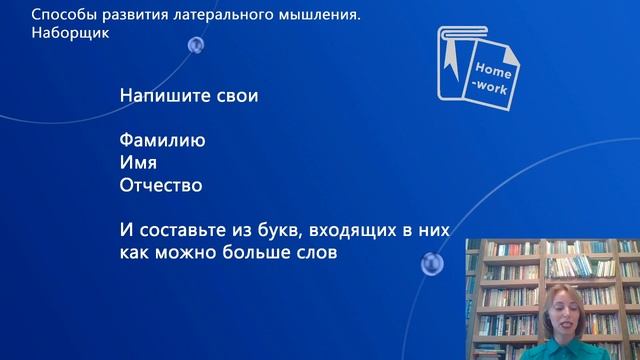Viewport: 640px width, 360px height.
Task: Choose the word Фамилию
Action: click(x=162, y=141)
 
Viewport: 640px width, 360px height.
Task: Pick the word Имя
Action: click(x=138, y=163)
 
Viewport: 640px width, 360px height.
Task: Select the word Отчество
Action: click(x=160, y=185)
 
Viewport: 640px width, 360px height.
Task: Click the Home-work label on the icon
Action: click(x=492, y=79)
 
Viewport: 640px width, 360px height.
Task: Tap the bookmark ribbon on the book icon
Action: click(x=450, y=61)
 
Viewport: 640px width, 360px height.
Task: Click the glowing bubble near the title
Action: click(x=196, y=45)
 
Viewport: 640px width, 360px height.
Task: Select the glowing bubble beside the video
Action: click(x=432, y=264)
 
